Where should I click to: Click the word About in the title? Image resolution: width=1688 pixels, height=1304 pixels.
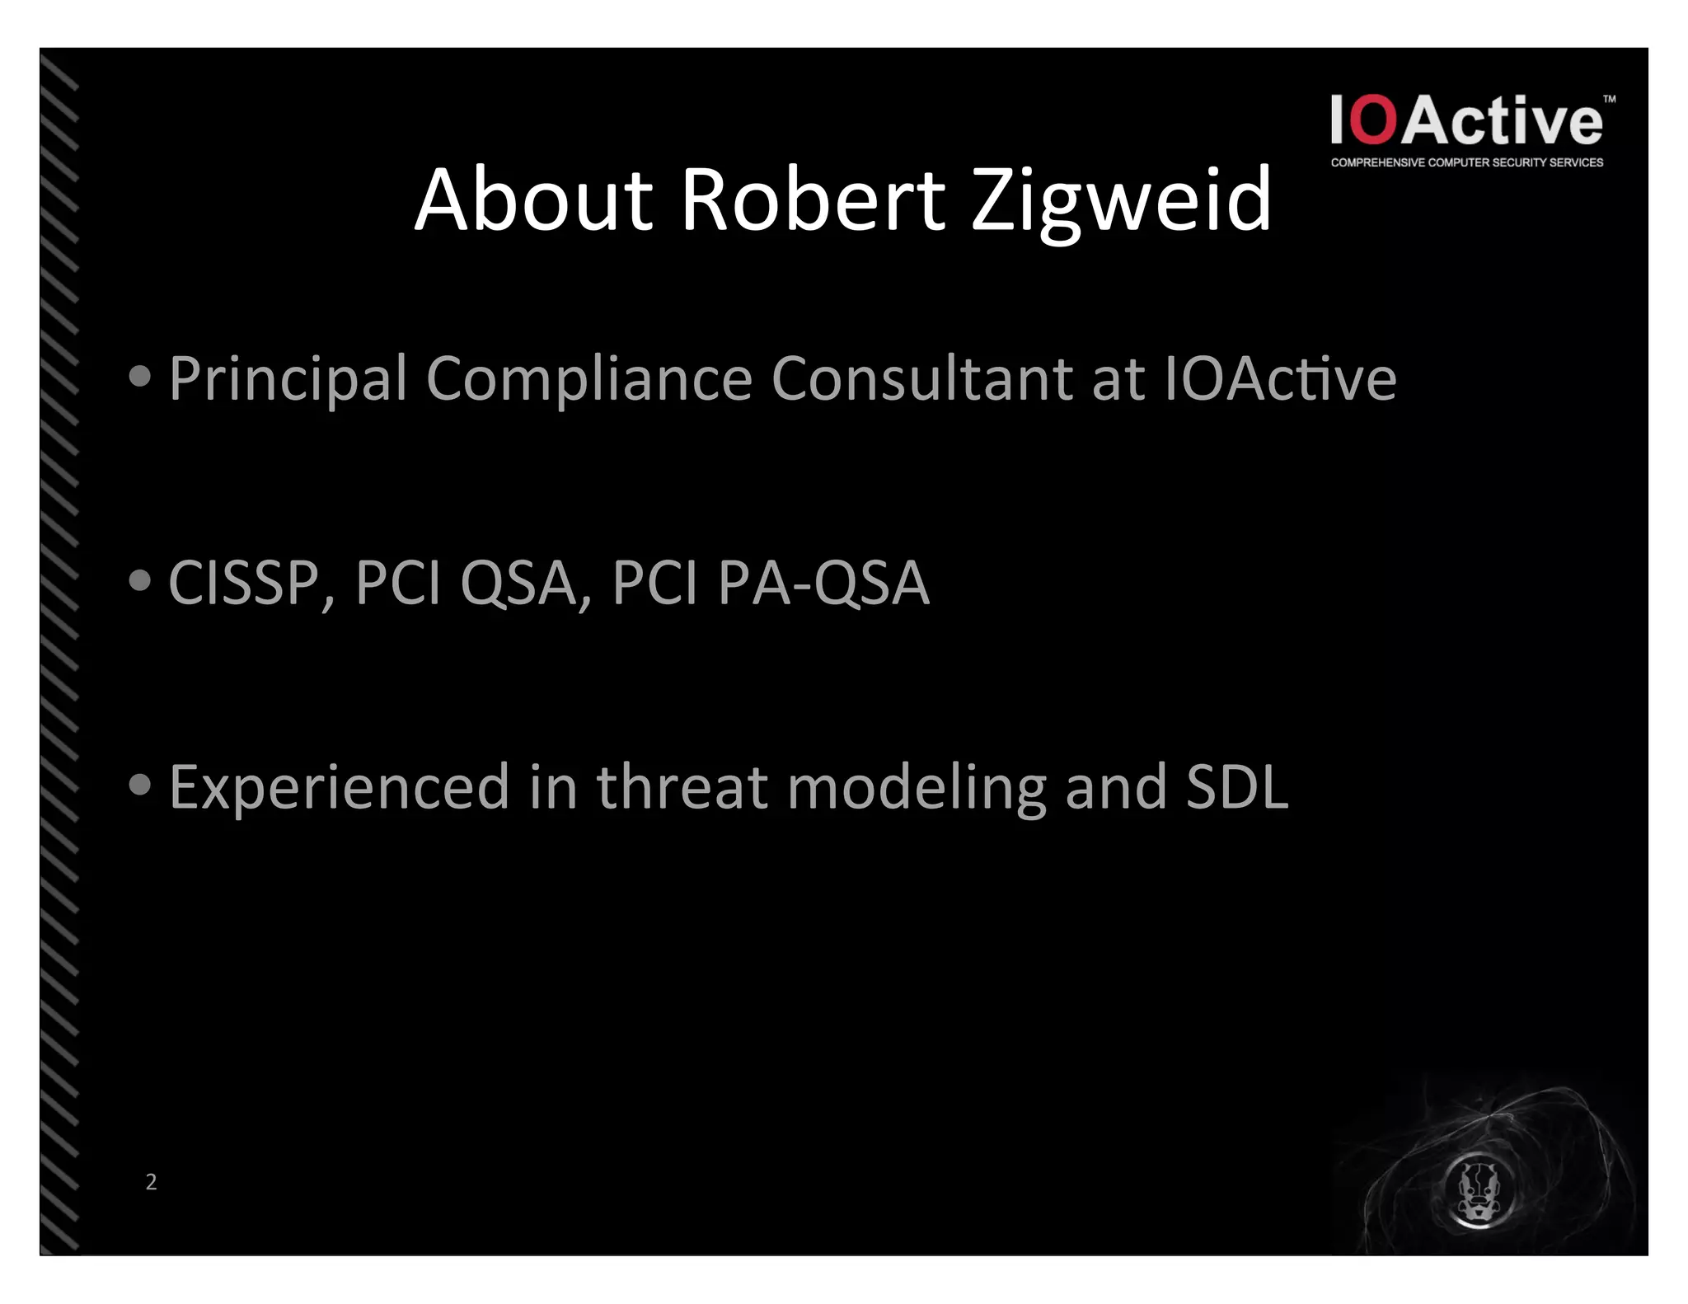click(x=533, y=200)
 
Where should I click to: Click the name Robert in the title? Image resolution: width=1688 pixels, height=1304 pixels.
click(x=812, y=200)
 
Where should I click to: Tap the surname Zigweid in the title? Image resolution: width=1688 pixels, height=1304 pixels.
click(x=1121, y=200)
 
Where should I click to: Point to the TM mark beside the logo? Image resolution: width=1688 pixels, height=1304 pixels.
click(x=1609, y=100)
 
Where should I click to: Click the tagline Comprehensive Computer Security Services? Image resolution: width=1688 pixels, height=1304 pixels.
click(x=1466, y=162)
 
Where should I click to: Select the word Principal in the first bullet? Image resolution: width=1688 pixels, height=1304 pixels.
click(x=288, y=379)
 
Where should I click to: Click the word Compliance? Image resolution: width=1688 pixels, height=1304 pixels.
click(x=588, y=379)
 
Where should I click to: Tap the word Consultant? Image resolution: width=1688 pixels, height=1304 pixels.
click(x=921, y=379)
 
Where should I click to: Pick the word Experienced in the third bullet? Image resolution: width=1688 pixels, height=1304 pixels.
click(x=339, y=787)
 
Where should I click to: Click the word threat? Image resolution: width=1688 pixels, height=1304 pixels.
click(x=682, y=787)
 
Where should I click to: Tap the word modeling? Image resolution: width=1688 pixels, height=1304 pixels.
click(x=916, y=787)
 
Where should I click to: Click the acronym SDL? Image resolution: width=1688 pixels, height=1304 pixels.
click(x=1236, y=787)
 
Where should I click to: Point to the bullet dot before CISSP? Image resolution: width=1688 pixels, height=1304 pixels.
click(x=140, y=581)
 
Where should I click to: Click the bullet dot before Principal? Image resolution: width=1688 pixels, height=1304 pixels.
click(x=140, y=377)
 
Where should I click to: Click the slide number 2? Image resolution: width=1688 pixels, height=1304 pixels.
click(x=151, y=1182)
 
